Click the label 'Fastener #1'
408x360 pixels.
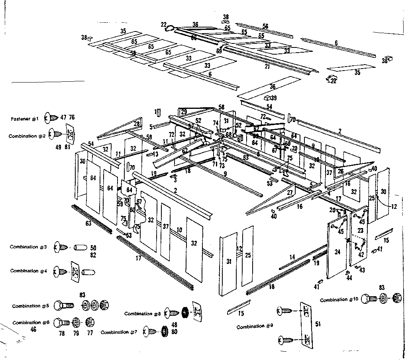(x=25, y=119)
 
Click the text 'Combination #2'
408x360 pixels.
(x=27, y=136)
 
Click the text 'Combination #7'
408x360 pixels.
(x=120, y=332)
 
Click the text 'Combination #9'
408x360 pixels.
(x=255, y=327)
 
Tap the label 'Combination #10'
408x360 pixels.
(x=339, y=300)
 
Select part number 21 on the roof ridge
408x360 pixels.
(x=267, y=67)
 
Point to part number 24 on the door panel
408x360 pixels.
(x=337, y=252)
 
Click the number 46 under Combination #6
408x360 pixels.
(x=33, y=329)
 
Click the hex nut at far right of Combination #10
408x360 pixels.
(x=396, y=298)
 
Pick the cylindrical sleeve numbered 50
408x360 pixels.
(x=81, y=248)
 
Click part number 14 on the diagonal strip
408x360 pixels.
(x=292, y=258)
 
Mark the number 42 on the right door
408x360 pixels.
(x=361, y=254)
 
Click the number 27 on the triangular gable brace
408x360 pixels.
(x=290, y=193)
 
